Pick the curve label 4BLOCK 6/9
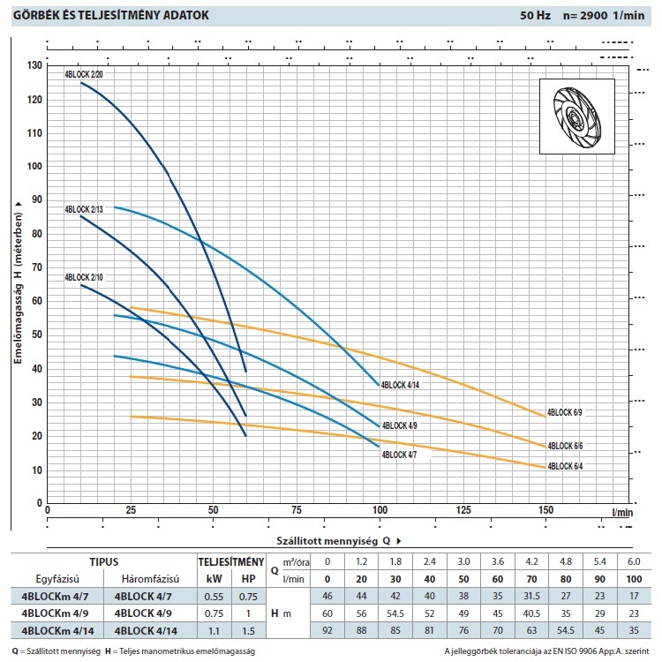565,412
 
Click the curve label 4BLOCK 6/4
565,466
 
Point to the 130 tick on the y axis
35,66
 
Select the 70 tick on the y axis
35,268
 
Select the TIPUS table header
105,560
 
